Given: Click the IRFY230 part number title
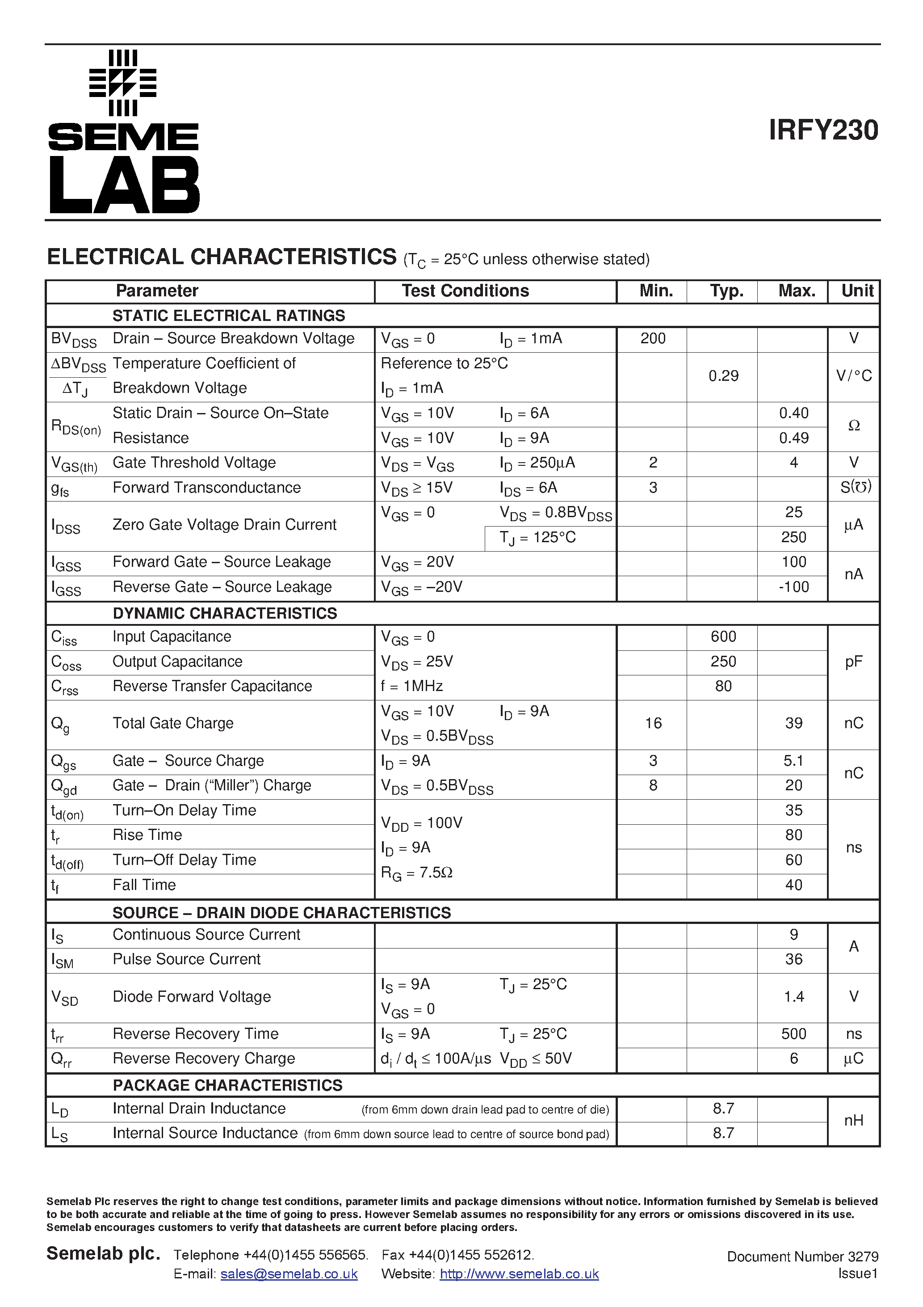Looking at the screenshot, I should point(823,131).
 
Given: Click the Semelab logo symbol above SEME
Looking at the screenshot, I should point(123,83).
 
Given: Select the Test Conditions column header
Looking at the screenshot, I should point(465,291).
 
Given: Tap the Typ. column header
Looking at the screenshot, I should point(726,291).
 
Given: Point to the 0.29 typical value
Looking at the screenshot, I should point(723,376).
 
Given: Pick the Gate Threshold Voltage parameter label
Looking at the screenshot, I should point(194,463).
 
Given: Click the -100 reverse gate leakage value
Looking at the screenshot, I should point(793,587).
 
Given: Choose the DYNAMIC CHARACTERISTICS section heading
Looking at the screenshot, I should point(225,614).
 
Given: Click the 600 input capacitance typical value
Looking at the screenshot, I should point(723,637).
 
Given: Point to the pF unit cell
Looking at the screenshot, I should point(854,662).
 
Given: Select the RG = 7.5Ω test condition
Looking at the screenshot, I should point(416,873).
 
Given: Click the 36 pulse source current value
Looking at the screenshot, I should point(793,960).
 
